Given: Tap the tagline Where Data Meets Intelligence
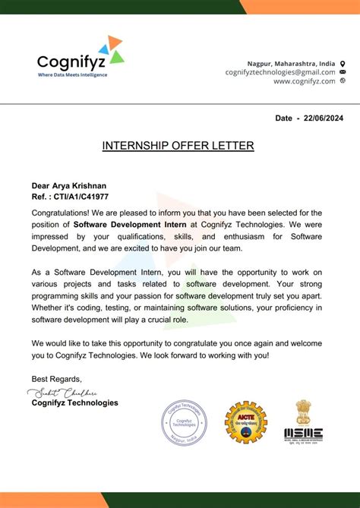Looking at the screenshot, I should click(x=72, y=74).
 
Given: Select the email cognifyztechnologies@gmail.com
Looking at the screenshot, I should click(x=279, y=71).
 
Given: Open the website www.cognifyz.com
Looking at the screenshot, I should click(x=304, y=80).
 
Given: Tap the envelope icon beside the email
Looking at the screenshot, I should click(x=343, y=71).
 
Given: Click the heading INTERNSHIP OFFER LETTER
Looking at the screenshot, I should click(x=178, y=145).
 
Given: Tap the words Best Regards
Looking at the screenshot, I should click(x=56, y=378).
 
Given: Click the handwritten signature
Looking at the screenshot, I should click(x=63, y=392).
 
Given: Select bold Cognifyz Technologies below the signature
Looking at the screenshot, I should click(x=74, y=402).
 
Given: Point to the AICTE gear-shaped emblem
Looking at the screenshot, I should click(x=245, y=422).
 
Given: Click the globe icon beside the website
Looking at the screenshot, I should click(x=343, y=80).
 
